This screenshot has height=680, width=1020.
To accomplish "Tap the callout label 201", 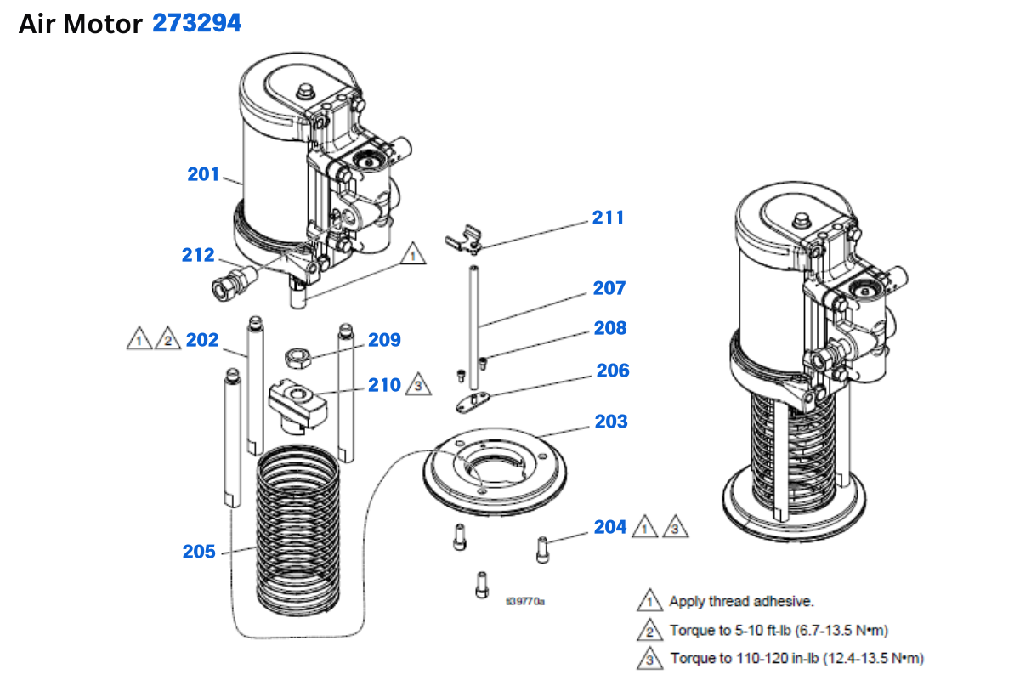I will (x=204, y=174).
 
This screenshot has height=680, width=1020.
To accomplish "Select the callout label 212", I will (x=198, y=254).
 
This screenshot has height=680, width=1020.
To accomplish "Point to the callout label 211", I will (x=609, y=218).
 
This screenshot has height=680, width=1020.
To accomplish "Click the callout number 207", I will (x=609, y=288).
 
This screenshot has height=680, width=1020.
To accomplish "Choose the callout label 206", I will (x=613, y=371).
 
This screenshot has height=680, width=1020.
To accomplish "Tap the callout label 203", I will (x=611, y=422).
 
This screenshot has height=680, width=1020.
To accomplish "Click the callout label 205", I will (x=199, y=552).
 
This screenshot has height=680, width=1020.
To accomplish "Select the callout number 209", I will (x=384, y=340).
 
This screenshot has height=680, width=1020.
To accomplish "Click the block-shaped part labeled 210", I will (x=297, y=402).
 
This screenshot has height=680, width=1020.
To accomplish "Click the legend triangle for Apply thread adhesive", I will (x=650, y=601).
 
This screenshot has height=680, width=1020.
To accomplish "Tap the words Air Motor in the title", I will (x=80, y=25).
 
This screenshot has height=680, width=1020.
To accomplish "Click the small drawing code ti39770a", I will (x=524, y=602).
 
